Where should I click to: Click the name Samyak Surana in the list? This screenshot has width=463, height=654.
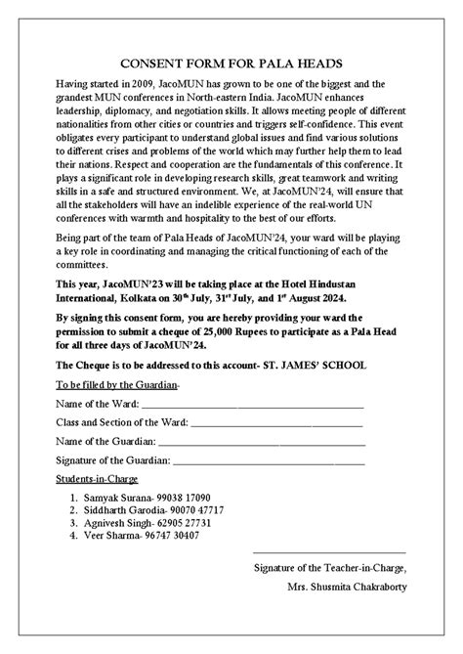pyautogui.click(x=114, y=498)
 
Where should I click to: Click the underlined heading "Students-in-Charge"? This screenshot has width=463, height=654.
pyautogui.click(x=98, y=479)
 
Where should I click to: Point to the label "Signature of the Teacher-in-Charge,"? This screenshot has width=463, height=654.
pyautogui.click(x=329, y=569)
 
